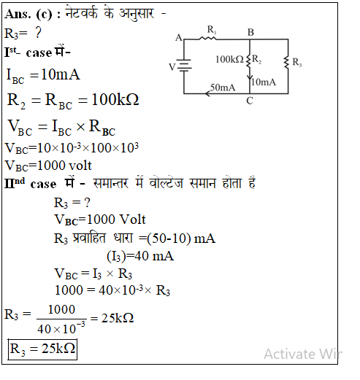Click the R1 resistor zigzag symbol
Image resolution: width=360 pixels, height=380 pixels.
pyautogui.click(x=207, y=38)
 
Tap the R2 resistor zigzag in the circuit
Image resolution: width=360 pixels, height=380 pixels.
pyautogui.click(x=249, y=62)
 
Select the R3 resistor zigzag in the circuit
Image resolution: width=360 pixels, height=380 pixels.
pyautogui.click(x=287, y=63)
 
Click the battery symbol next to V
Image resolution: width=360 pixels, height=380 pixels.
pyautogui.click(x=184, y=66)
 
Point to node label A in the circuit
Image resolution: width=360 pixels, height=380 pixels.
pyautogui.click(x=179, y=38)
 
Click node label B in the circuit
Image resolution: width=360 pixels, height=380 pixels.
pyautogui.click(x=250, y=32)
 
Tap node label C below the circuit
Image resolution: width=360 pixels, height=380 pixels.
pyautogui.click(x=250, y=101)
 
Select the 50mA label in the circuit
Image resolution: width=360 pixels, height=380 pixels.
pyautogui.click(x=223, y=88)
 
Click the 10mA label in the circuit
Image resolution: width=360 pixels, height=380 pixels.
pyautogui.click(x=264, y=82)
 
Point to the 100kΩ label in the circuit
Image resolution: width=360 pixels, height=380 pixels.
pyautogui.click(x=229, y=59)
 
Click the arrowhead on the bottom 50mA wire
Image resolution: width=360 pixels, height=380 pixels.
pyautogui.click(x=207, y=93)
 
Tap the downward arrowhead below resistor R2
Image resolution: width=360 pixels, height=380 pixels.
pyautogui.click(x=250, y=77)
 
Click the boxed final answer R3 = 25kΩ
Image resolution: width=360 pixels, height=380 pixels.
pyautogui.click(x=42, y=349)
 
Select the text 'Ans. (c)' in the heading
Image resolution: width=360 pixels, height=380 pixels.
pyautogui.click(x=28, y=14)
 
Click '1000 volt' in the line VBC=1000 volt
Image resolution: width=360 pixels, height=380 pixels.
pyautogui.click(x=64, y=166)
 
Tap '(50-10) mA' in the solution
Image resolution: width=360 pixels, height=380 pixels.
pyautogui.click(x=181, y=239)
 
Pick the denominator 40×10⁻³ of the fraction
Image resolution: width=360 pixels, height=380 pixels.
pyautogui.click(x=61, y=328)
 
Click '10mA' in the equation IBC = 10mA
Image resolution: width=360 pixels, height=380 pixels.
pyautogui.click(x=61, y=74)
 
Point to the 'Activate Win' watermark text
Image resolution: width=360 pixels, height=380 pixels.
pyautogui.click(x=303, y=354)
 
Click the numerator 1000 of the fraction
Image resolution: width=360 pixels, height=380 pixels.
pyautogui.click(x=61, y=310)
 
